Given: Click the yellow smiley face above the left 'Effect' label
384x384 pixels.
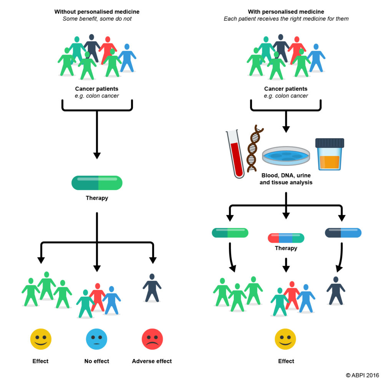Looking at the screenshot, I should (41, 339).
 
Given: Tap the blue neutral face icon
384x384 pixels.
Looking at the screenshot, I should (97, 339).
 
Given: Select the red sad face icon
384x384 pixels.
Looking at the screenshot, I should (152, 339).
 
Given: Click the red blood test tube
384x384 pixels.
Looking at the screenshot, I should (235, 154).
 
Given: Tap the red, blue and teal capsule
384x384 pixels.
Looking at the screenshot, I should (286, 238).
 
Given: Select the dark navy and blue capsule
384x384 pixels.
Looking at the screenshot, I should (343, 233).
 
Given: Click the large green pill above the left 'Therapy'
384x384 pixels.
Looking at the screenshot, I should (97, 183).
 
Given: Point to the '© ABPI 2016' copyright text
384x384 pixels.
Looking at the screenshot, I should (362, 375).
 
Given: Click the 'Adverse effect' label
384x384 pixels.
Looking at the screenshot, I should (152, 361).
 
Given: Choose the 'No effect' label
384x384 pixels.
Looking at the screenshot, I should (97, 361).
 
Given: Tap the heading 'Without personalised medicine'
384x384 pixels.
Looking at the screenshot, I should (97, 12).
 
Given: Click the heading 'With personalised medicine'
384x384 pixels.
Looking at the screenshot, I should (286, 12).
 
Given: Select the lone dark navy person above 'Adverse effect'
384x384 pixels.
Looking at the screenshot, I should (152, 288).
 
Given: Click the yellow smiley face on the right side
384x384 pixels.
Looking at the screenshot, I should (285, 339).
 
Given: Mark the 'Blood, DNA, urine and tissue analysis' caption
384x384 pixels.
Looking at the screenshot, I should (286, 179).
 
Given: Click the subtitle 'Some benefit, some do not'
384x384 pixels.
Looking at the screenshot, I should (97, 19).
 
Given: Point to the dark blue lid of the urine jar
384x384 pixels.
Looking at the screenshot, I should (330, 143).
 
